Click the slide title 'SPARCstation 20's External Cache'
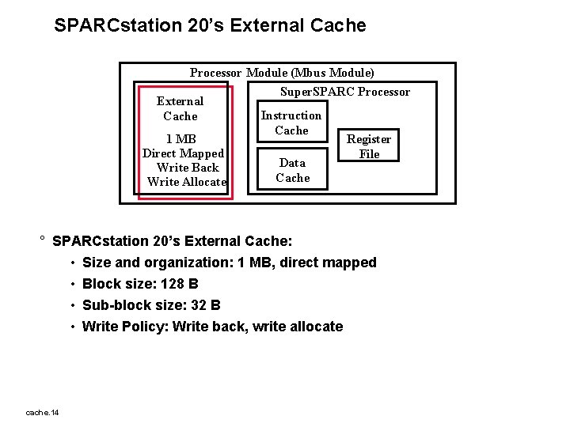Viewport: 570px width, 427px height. click(210, 25)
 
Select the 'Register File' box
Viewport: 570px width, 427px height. click(369, 146)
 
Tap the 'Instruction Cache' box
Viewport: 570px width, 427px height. click(291, 123)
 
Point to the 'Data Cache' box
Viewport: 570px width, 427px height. click(292, 170)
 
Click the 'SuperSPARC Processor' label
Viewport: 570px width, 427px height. click(345, 92)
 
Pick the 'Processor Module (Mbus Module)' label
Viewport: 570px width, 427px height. click(282, 73)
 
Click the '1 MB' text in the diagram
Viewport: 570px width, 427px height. click(181, 138)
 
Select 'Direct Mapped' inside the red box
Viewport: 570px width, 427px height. click(183, 153)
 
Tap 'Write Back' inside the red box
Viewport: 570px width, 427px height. click(188, 167)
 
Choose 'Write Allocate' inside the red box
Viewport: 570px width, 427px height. click(187, 181)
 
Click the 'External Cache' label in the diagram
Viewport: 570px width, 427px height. click(180, 108)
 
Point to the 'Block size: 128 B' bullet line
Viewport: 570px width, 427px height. click(140, 284)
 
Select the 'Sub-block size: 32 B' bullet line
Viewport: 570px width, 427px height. click(151, 305)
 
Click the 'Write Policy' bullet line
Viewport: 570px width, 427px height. click(212, 327)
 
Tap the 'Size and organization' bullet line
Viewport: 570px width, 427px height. click(229, 263)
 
